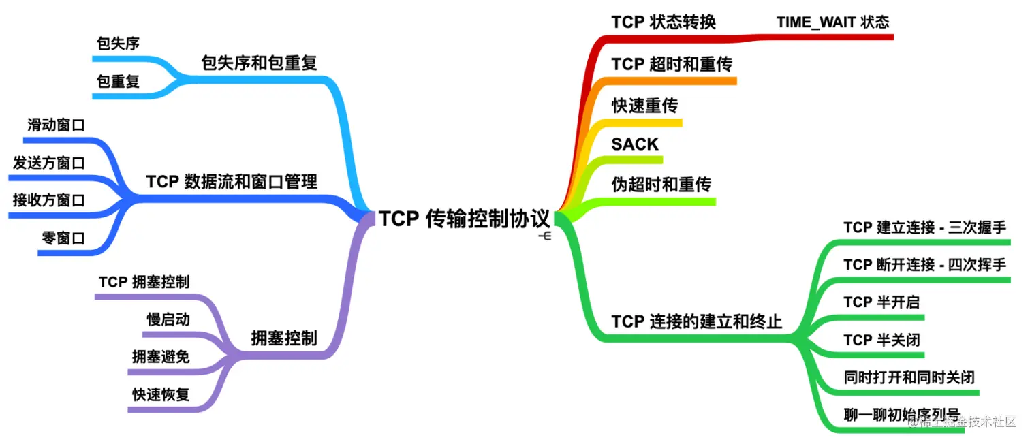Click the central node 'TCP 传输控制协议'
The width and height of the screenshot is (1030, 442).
coord(465,219)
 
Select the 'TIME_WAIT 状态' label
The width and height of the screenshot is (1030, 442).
coord(832,22)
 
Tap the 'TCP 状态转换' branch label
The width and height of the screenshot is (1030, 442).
coord(664,22)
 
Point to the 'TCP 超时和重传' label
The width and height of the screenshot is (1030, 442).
coord(672,65)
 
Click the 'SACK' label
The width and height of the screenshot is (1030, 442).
coord(635,144)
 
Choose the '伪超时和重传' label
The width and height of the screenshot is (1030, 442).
coord(661,185)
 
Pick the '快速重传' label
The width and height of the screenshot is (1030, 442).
coord(644,106)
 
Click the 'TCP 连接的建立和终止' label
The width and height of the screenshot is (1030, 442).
coord(697,321)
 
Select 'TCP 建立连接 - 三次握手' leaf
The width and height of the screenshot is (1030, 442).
coord(924,227)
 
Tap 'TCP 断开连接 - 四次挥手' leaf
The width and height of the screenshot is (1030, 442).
coord(924,265)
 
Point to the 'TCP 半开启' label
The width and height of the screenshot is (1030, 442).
coord(881,302)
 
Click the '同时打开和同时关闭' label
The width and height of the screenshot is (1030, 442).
coord(909,377)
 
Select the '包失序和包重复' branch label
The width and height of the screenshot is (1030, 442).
coord(259,63)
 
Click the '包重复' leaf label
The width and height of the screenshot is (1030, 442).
coord(118,82)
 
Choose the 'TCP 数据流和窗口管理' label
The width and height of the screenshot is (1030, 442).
coord(232,182)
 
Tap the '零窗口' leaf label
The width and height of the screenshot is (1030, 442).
coord(63,238)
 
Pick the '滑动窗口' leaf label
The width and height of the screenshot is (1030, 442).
coord(56,125)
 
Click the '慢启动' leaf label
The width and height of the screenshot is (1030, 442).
coord(168,319)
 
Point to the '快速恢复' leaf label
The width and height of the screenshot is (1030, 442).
coord(161,394)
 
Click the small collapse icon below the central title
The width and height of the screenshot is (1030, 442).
coord(545,236)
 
